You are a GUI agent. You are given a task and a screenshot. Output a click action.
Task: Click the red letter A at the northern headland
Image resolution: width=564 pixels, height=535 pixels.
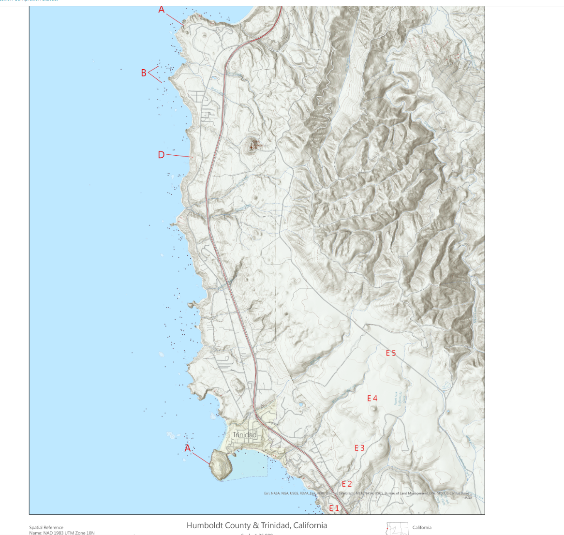(x=162, y=10)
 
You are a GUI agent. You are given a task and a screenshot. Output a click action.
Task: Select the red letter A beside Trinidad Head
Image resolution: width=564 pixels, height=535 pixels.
(x=188, y=448)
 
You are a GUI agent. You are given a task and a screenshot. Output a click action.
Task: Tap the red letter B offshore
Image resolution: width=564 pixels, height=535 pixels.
(x=144, y=73)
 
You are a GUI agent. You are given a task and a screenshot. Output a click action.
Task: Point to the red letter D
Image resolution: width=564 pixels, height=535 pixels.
(x=161, y=155)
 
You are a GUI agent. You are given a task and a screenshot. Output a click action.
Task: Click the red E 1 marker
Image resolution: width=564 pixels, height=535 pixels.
(x=334, y=508)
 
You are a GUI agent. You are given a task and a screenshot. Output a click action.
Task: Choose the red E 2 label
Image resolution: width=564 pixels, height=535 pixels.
(x=347, y=484)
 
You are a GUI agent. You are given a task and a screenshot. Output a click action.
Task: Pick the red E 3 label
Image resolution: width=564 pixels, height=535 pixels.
(x=359, y=448)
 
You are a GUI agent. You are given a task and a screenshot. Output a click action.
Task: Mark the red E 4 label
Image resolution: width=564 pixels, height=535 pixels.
(x=372, y=398)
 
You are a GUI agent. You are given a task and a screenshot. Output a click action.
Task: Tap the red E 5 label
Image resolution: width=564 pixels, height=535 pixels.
(x=391, y=353)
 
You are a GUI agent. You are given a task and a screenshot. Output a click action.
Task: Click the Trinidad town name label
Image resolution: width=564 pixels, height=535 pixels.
(x=244, y=435)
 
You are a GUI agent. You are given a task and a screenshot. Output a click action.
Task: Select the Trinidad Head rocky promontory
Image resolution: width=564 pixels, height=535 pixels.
(x=222, y=464)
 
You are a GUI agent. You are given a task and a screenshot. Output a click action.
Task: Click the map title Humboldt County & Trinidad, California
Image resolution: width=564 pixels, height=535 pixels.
(x=257, y=525)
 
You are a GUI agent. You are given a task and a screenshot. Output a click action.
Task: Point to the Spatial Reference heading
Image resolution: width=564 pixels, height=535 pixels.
(x=46, y=528)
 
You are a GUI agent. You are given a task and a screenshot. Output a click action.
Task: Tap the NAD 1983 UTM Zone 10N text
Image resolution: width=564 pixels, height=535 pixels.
(x=62, y=533)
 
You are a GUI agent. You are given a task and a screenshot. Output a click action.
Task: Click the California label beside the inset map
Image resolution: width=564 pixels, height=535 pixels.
(x=422, y=527)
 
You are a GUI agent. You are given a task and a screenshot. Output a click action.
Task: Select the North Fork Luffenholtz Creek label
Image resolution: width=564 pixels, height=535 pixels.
(x=399, y=398)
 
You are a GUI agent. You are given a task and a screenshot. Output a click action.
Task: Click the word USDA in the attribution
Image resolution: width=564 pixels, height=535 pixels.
(x=467, y=498)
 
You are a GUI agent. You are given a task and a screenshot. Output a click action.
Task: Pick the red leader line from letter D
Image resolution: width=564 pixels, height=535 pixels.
(x=180, y=156)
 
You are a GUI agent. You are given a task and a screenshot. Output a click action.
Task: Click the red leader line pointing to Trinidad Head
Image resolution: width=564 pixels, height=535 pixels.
(x=201, y=458)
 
